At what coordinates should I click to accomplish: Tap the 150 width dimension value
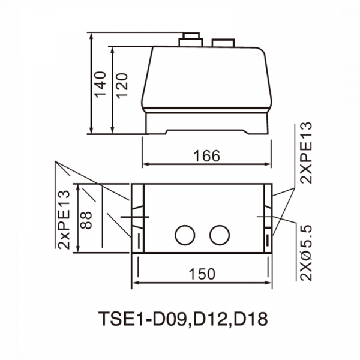(x=202, y=274)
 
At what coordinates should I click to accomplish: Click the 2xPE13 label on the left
(x=64, y=219)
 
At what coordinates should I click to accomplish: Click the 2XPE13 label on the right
(x=306, y=152)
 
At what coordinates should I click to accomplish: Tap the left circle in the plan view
(x=185, y=235)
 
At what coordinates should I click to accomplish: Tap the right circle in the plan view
(x=220, y=235)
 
